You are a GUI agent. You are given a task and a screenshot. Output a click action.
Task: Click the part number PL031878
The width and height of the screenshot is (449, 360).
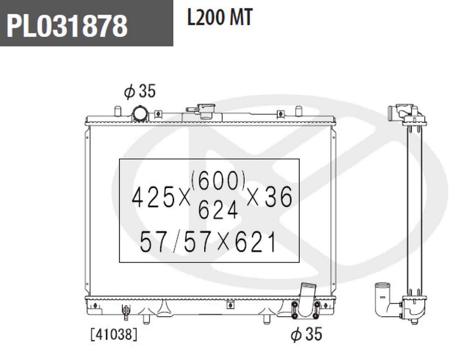pos(67,26)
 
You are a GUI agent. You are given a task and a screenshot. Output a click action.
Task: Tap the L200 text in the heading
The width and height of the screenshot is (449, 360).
pos(205,17)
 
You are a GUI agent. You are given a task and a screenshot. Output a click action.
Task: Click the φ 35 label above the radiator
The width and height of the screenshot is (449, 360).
pos(140,91)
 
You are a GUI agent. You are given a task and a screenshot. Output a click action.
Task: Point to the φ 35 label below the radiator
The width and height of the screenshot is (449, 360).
pos(306,334)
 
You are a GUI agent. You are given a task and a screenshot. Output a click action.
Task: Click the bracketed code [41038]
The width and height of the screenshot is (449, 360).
pos(114,334)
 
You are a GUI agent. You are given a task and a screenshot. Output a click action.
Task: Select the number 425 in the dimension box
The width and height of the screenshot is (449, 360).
pos(153,197)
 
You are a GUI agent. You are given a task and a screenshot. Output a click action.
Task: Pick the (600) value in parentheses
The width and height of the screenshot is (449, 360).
pos(218,181)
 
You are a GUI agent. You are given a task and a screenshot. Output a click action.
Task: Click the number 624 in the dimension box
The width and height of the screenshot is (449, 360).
pos(218,210)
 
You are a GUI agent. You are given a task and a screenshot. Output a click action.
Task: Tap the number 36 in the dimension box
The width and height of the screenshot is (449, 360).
pos(278,197)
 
